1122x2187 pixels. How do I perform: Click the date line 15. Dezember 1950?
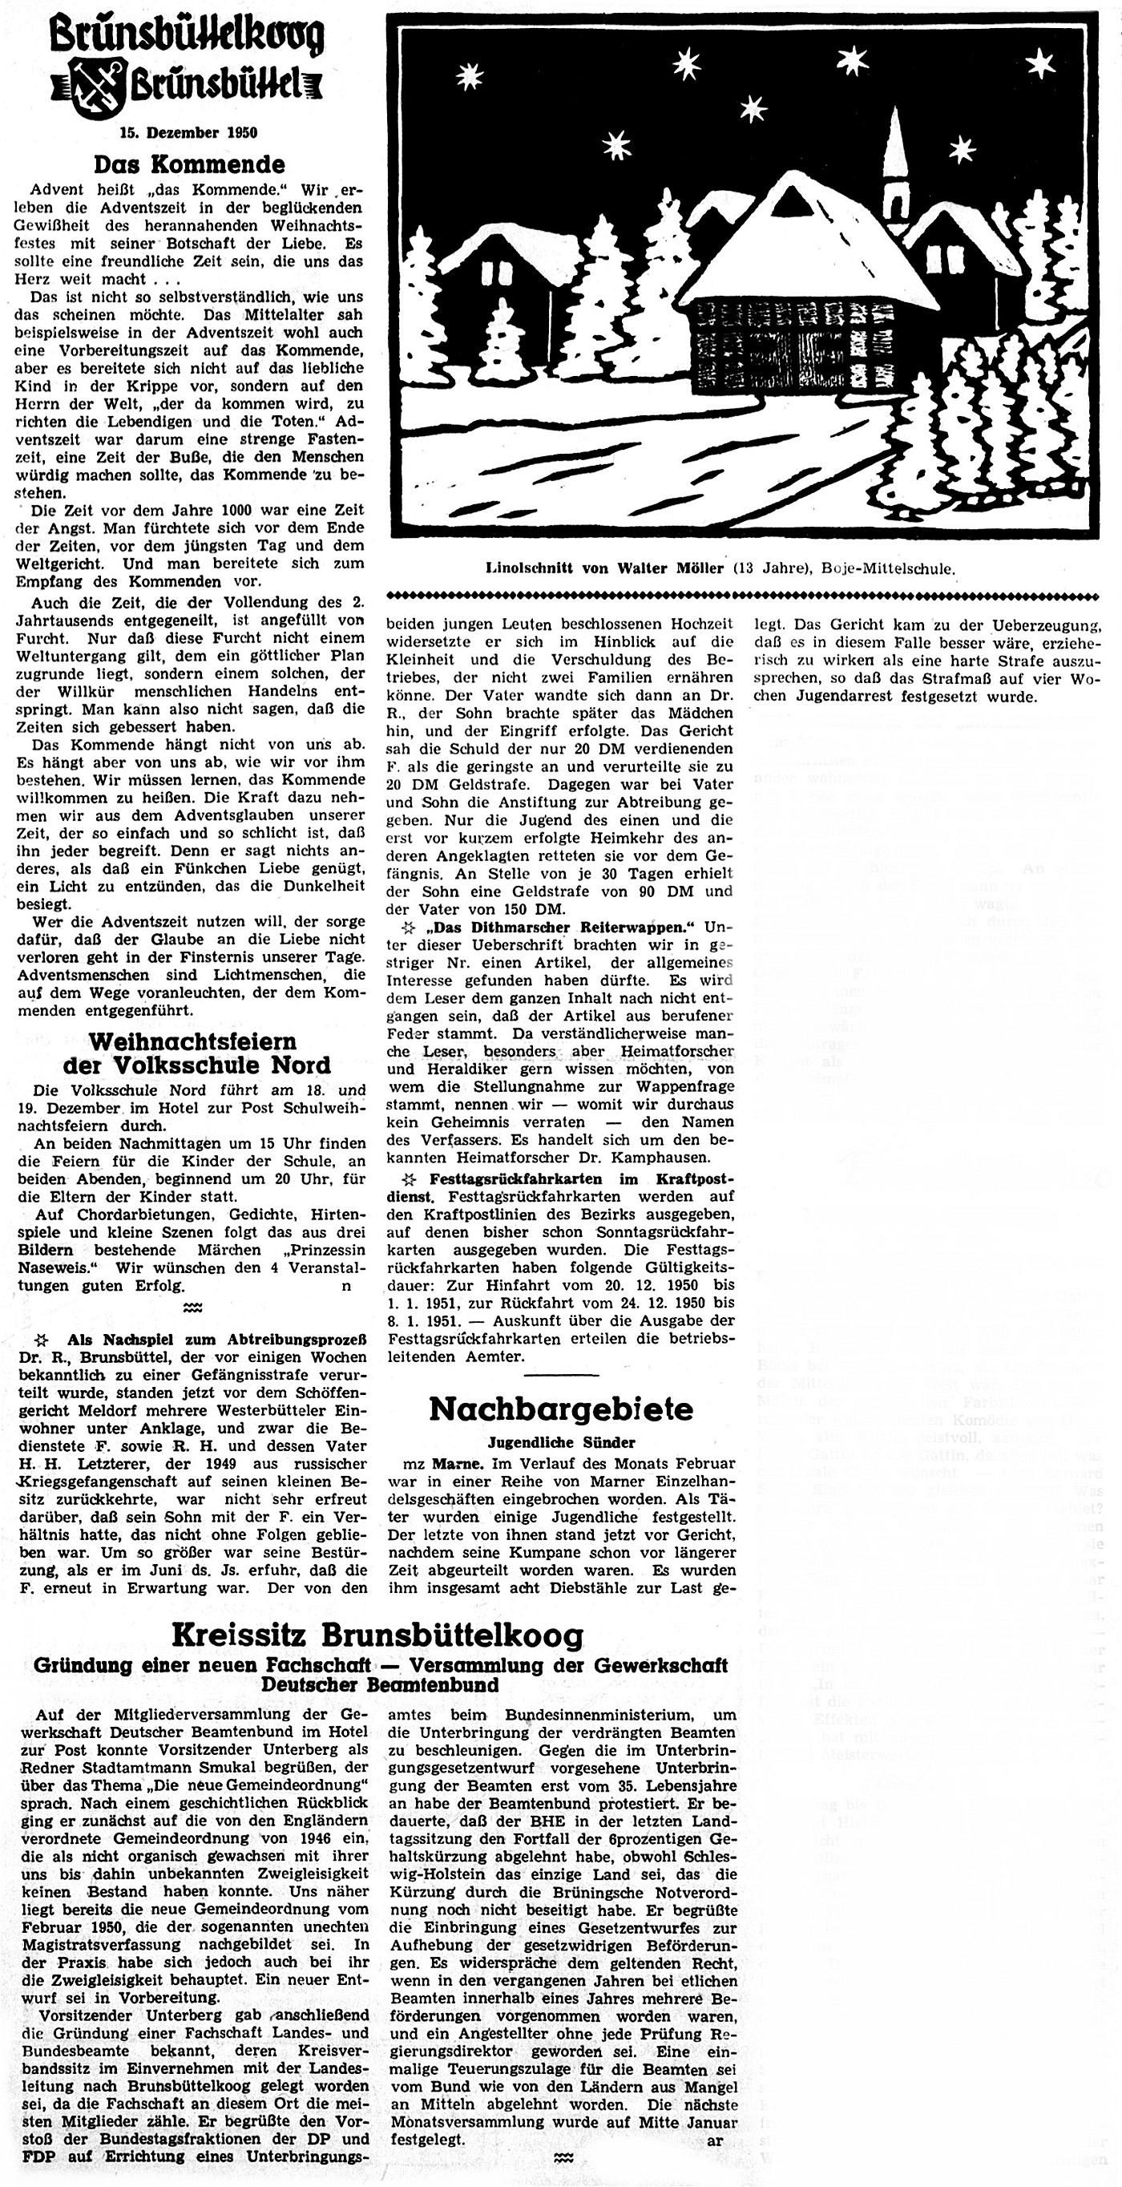click(189, 132)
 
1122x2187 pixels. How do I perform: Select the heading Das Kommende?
click(189, 164)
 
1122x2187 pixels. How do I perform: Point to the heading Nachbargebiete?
click(560, 1409)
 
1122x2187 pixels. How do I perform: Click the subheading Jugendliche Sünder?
click(561, 1441)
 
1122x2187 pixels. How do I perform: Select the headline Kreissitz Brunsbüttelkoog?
click(377, 1635)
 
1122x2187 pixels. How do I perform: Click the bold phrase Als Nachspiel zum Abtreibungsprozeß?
click(216, 1340)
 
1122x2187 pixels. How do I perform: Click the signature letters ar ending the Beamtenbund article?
click(716, 2141)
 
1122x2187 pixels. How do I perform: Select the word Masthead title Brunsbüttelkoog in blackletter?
click(186, 35)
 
